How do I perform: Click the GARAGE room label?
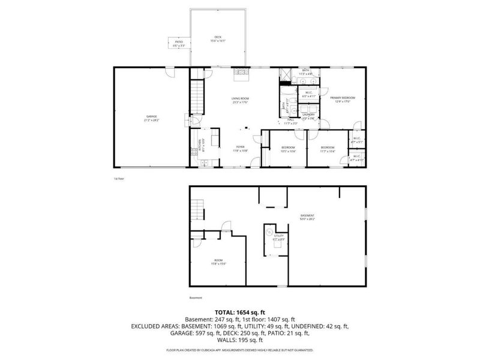click(x=151, y=119)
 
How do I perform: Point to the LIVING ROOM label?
click(x=240, y=100)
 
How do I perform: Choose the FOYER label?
click(x=240, y=148)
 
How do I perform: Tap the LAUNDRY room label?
click(x=308, y=115)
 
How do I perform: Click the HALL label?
click(x=290, y=122)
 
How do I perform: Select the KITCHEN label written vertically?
click(x=202, y=143)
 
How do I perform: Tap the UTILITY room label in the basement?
click(x=278, y=237)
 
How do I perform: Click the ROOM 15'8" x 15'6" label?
click(x=218, y=261)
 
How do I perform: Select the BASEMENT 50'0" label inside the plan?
click(x=308, y=217)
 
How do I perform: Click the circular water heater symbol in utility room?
click(x=269, y=231)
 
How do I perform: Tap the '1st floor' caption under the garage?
click(x=118, y=178)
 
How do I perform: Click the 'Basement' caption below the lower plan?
click(x=196, y=298)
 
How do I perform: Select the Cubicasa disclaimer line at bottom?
click(x=240, y=349)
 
